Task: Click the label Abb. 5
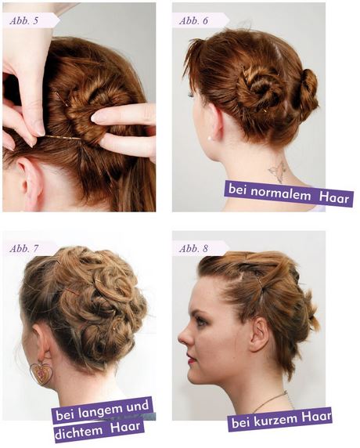pyautogui.click(x=23, y=21)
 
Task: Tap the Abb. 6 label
pyautogui.click(x=193, y=21)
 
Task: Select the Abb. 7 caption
pyautogui.click(x=23, y=248)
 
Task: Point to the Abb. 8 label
pyautogui.click(x=193, y=248)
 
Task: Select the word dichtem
pyautogui.click(x=74, y=432)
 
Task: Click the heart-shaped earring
pyautogui.click(x=40, y=374)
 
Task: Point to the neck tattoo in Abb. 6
pyautogui.click(x=277, y=172)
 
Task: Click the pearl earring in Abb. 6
pyautogui.click(x=210, y=139)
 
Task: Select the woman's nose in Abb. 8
pyautogui.click(x=185, y=337)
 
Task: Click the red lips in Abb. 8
pyautogui.click(x=191, y=358)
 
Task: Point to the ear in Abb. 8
pyautogui.click(x=259, y=334)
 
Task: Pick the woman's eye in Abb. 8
pyautogui.click(x=203, y=321)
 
